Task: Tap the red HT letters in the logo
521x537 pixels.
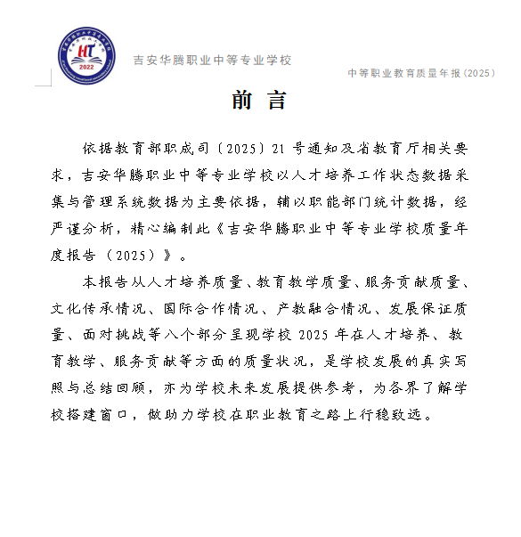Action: point(86,52)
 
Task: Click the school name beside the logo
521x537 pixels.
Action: point(212,61)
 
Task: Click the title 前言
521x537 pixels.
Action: point(259,101)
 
